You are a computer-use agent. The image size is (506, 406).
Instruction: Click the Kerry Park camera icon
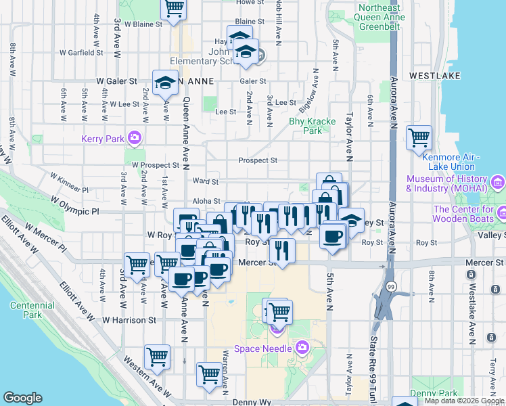pyautogui.click(x=135, y=138)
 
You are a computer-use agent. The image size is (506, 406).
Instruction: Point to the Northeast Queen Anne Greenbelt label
pyautogui.click(x=380, y=17)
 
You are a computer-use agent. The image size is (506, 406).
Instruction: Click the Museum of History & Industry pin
pyautogui.click(x=499, y=181)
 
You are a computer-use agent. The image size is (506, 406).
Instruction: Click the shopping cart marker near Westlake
pyautogui.click(x=419, y=137)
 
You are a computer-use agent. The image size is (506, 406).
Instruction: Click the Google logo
pyautogui.click(x=22, y=398)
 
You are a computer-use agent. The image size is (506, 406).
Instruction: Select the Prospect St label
pyautogui.click(x=258, y=160)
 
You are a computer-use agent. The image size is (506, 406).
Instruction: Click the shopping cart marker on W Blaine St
pyautogui.click(x=174, y=9)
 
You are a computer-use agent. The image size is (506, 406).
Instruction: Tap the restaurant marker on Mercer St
pyautogui.click(x=282, y=251)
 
